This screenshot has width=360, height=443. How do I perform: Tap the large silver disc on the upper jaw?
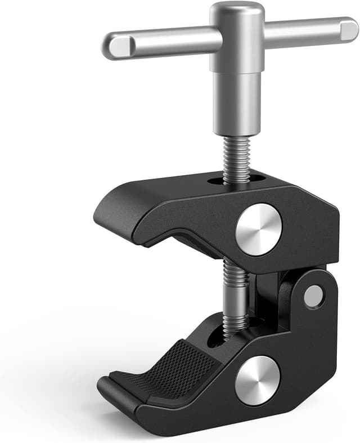[258, 230]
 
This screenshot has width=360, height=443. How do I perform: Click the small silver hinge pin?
[313, 296]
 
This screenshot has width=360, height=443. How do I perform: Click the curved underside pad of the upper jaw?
[186, 242]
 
